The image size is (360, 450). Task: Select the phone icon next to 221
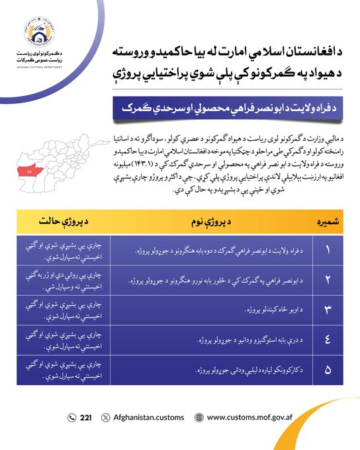click(x=72, y=418)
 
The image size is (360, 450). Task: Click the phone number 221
click(x=86, y=418)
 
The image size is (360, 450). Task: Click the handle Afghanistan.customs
click(x=148, y=418)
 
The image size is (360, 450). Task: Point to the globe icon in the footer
click(x=199, y=418)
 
